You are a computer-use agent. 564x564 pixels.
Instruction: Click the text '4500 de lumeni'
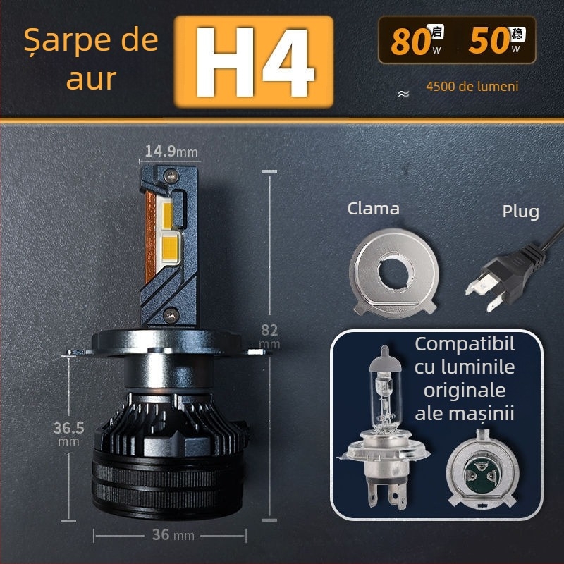tap(472, 87)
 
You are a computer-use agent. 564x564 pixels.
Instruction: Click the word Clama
tap(374, 209)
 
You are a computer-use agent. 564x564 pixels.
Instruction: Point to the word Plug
tap(520, 211)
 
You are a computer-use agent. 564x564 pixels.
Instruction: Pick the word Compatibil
tap(465, 345)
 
